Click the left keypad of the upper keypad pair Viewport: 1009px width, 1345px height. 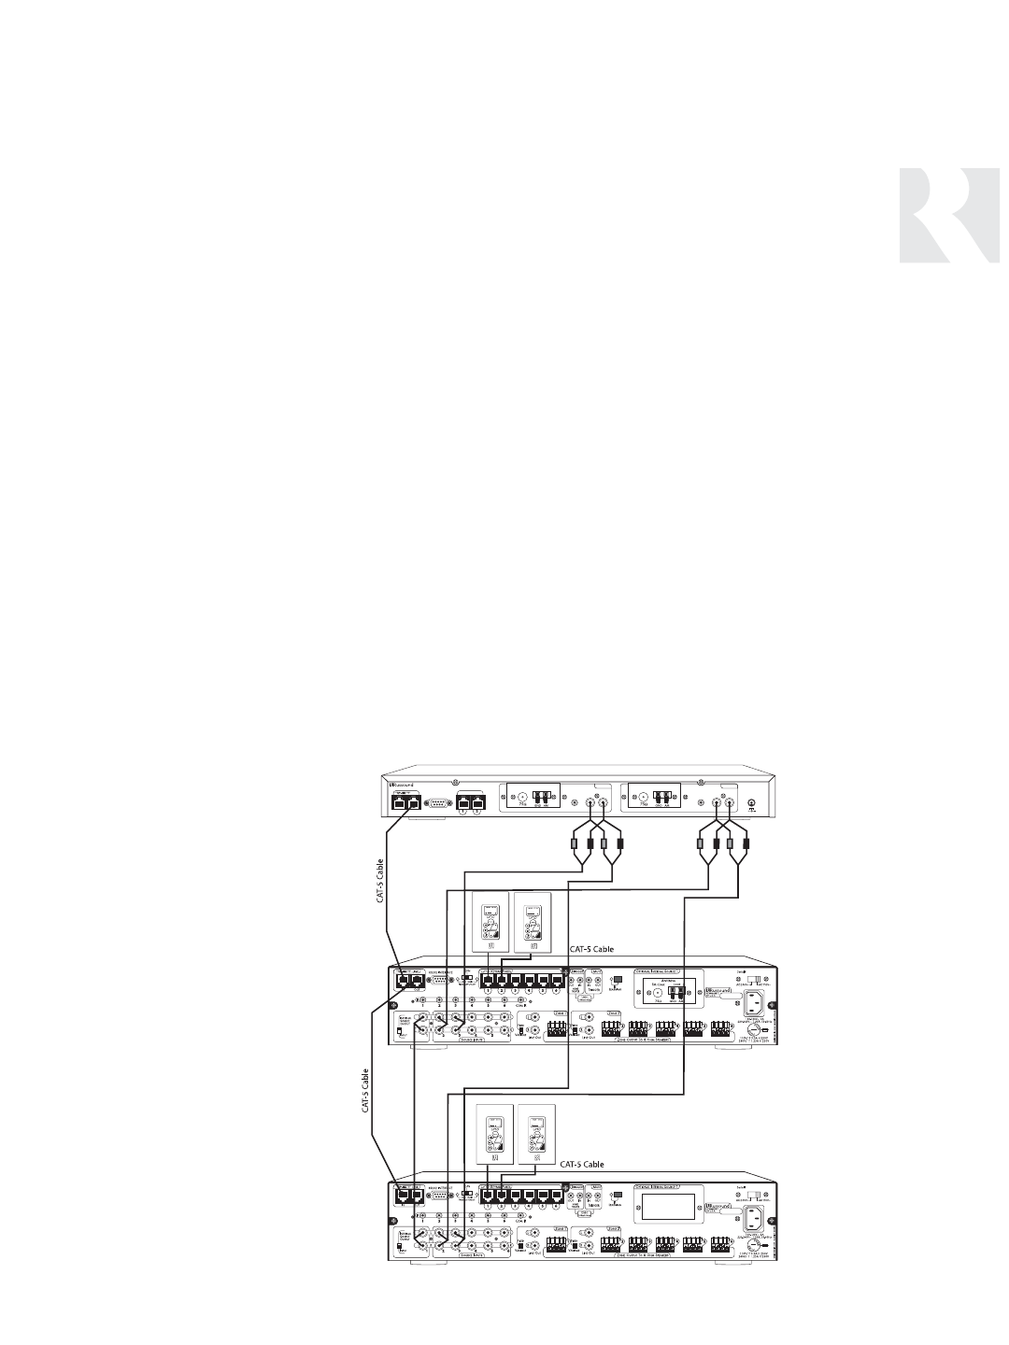tap(491, 921)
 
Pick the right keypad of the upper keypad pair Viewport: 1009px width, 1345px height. tap(531, 921)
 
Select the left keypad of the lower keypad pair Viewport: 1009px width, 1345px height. tap(491, 1133)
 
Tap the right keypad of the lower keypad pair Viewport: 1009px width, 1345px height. tap(534, 1133)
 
